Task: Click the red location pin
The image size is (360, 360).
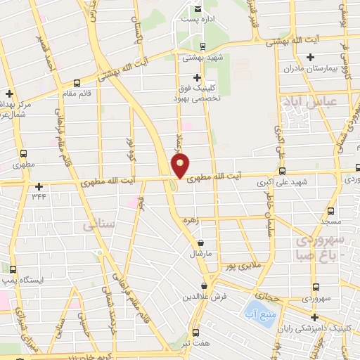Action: click(181, 165)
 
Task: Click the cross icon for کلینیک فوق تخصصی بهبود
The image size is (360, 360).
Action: click(197, 77)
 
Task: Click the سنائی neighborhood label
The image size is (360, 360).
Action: click(98, 226)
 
